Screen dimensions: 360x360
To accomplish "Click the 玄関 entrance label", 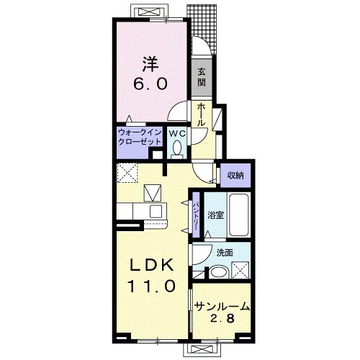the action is [x=202, y=77].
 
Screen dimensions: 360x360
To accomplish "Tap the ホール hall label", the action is [x=201, y=115].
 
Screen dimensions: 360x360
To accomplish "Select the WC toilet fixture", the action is [x=177, y=149].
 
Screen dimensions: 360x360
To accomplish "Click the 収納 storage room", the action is [x=235, y=175].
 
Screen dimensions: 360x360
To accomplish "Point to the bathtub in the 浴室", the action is [x=238, y=215].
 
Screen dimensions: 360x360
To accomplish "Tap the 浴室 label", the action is [x=215, y=215].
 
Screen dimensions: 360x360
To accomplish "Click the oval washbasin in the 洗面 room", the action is [x=218, y=272].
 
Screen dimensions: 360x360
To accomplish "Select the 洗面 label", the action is [x=225, y=253].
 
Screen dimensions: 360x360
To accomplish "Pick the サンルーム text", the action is [x=222, y=306].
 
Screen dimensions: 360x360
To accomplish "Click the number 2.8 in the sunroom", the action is [x=222, y=318].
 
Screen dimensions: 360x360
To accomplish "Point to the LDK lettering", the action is [x=152, y=265].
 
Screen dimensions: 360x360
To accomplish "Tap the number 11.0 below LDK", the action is [x=152, y=286].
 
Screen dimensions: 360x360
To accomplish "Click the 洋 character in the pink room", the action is [x=150, y=64].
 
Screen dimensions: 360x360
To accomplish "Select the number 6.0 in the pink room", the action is [x=150, y=84].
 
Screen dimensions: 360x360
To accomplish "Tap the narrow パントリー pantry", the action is [x=196, y=215].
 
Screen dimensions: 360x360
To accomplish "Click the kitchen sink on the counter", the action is [x=156, y=212].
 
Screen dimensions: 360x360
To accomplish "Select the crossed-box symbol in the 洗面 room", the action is [x=240, y=270].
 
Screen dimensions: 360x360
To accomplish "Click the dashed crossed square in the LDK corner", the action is [x=127, y=173].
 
